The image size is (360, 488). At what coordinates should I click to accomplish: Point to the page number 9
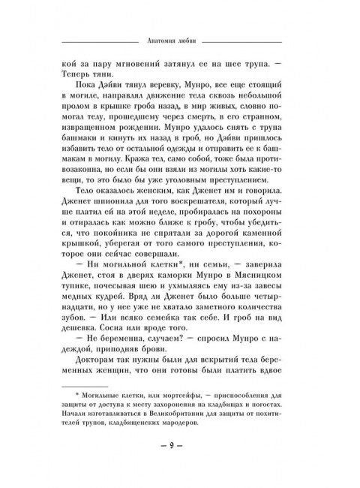[x=180, y=467]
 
